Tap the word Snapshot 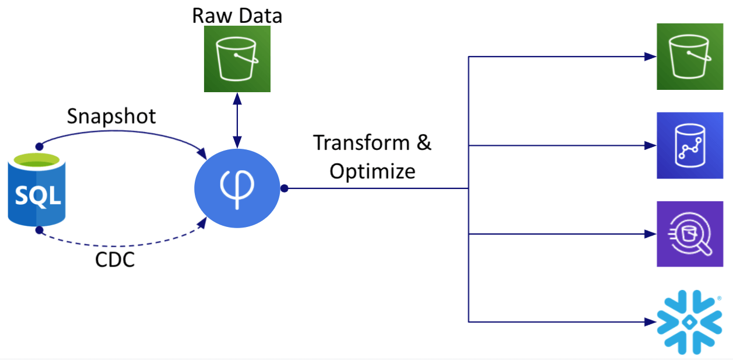[111, 116]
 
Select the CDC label [115, 260]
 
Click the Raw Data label [237, 15]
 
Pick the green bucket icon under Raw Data [237, 59]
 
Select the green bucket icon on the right [690, 57]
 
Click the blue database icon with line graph [690, 145]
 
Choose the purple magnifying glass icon [690, 234]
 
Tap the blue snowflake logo [689, 322]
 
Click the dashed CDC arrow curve [117, 245]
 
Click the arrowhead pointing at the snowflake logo [650, 321]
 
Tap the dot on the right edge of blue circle [284, 188]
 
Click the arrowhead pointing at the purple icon [650, 234]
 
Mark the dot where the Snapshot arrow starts [39, 146]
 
